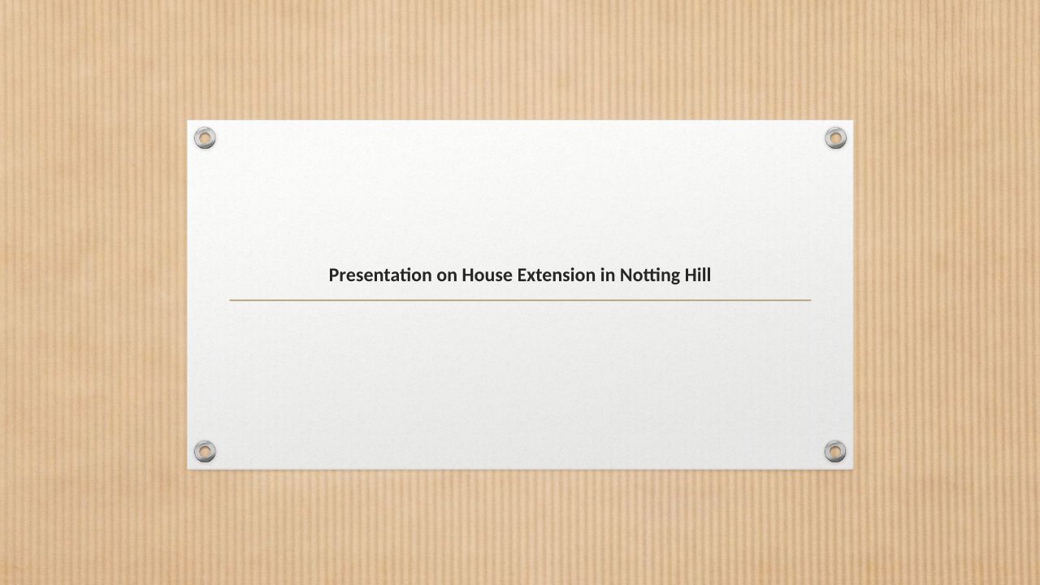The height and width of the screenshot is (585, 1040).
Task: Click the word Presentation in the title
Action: (x=380, y=275)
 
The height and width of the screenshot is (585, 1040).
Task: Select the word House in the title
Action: (x=487, y=275)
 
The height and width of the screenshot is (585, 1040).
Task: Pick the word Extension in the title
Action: (x=557, y=275)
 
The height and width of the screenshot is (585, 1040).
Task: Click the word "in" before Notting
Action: (x=608, y=275)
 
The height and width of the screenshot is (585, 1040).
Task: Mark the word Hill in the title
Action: (x=698, y=275)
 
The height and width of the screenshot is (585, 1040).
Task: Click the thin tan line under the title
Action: (x=520, y=301)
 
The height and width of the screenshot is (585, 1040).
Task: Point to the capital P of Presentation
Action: (x=334, y=275)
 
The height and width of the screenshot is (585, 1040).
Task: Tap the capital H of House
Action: (x=468, y=275)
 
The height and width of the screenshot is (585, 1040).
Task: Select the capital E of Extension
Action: (x=522, y=275)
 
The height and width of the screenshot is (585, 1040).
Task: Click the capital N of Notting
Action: (x=626, y=275)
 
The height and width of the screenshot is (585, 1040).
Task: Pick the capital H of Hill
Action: (x=691, y=275)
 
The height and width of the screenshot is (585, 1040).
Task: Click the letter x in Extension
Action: (x=532, y=277)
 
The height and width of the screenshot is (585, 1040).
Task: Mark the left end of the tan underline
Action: (x=230, y=301)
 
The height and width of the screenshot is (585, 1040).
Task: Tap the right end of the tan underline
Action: (x=811, y=301)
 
